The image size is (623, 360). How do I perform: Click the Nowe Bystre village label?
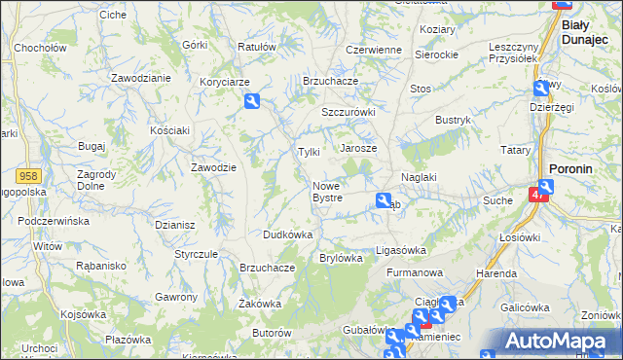click(x=327, y=192)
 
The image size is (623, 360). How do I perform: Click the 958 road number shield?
click(x=28, y=174)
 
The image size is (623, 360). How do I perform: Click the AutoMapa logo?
click(x=559, y=342)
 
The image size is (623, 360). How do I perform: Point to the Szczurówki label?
click(x=348, y=112)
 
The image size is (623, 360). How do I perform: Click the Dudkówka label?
click(x=287, y=234)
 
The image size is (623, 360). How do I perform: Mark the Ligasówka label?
click(x=401, y=250)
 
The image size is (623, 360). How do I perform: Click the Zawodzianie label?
click(x=141, y=77)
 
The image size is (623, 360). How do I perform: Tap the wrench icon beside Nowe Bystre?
click(x=384, y=200)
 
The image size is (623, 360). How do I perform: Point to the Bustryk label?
click(x=453, y=119)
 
